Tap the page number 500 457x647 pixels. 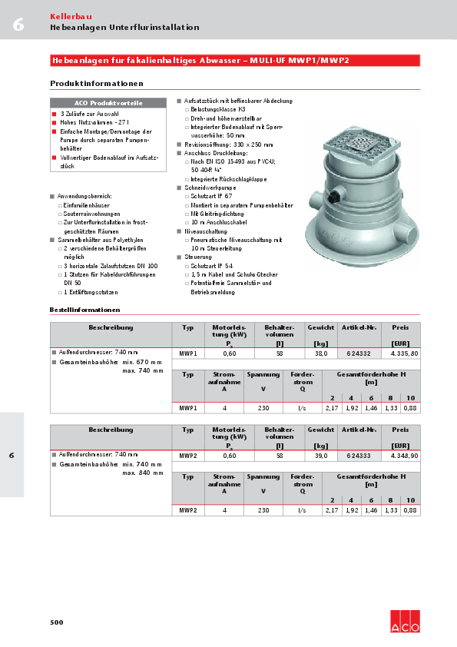pos(56,622)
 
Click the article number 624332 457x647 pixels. pos(359,353)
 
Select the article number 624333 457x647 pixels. pos(359,456)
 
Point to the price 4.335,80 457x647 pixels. pos(404,353)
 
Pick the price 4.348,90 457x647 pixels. pos(404,456)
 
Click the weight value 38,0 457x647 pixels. pos(321,353)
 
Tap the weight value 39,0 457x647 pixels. pos(321,456)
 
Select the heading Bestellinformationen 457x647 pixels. pos(84,310)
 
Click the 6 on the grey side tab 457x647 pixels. pos(12,456)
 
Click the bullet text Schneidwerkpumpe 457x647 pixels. pos(210,187)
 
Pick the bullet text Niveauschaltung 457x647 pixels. pos(206,231)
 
